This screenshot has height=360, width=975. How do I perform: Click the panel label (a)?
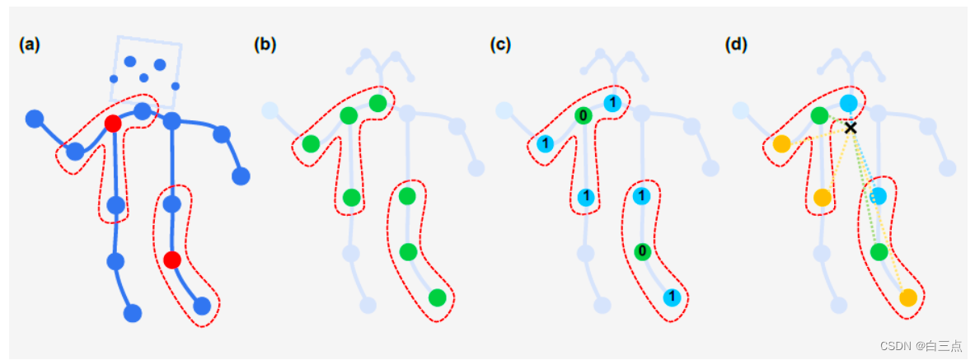[x=30, y=45]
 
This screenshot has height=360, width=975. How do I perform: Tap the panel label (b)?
[x=265, y=45]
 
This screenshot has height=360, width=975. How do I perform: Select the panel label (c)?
[x=500, y=45]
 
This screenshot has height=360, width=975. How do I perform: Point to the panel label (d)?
[x=736, y=45]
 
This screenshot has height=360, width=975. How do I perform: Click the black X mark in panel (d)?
[x=851, y=128]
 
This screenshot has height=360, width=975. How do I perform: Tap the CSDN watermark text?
[x=921, y=346]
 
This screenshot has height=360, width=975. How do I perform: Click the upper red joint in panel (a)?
[x=113, y=124]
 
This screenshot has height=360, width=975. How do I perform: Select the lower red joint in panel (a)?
[x=171, y=260]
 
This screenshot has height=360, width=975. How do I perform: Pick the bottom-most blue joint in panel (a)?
[x=133, y=313]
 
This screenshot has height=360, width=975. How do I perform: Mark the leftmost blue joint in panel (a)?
[x=34, y=119]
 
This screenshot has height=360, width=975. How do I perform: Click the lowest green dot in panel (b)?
[x=437, y=297]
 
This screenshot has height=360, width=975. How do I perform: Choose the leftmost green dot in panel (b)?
[x=311, y=144]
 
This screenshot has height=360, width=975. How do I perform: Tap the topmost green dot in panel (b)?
[x=377, y=103]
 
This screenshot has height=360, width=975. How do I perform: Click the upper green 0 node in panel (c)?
[x=583, y=115]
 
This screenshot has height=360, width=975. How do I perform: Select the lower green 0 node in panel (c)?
[x=642, y=251]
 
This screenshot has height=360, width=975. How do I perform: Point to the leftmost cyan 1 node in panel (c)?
[x=545, y=144]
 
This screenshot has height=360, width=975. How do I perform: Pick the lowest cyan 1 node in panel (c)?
[x=672, y=297]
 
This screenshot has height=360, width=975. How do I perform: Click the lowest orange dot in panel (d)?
[x=907, y=297]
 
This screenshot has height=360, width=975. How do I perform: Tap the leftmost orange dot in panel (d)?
[x=781, y=144]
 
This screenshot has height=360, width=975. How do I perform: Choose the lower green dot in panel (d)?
[x=879, y=251]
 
